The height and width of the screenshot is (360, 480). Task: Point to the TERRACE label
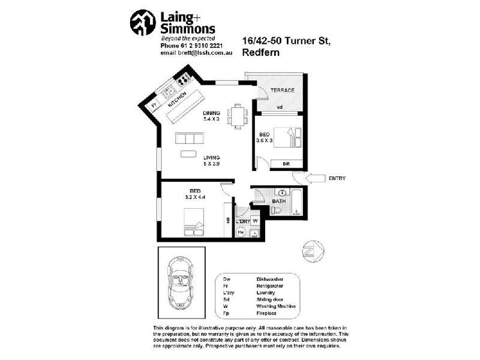[x=282, y=90]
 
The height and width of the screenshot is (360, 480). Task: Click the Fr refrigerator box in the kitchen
[x=154, y=105]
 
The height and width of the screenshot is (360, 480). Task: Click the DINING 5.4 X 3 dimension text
[x=212, y=115]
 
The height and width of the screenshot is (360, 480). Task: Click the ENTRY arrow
[x=314, y=178]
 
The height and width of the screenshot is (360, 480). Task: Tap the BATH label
[x=279, y=201]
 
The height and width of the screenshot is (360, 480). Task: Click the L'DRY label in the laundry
[x=242, y=221]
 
